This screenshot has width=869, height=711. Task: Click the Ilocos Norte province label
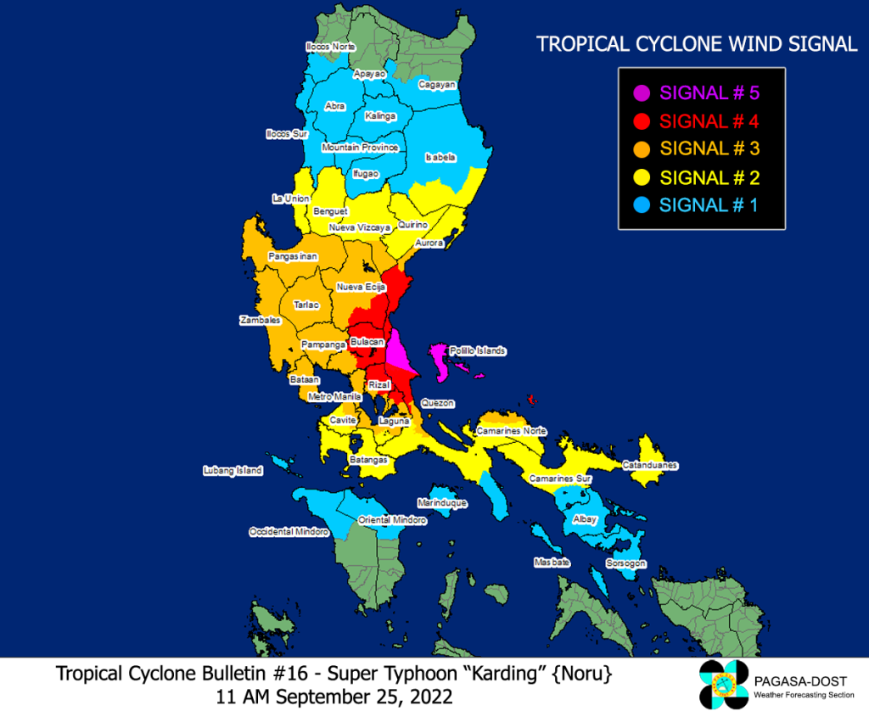point(331,47)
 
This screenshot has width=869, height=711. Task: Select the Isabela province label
point(440,157)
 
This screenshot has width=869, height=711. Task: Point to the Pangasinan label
point(293,256)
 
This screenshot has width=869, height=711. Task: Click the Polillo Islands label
point(478,350)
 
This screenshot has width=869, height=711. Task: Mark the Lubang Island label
point(233,470)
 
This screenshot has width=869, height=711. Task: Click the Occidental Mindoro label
point(289,532)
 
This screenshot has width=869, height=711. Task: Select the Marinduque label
point(443,503)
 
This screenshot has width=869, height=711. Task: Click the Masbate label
point(551,563)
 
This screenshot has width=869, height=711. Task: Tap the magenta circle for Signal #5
point(642,93)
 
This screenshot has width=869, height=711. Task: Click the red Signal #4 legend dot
point(642,121)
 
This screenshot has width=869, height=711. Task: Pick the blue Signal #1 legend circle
point(642,205)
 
